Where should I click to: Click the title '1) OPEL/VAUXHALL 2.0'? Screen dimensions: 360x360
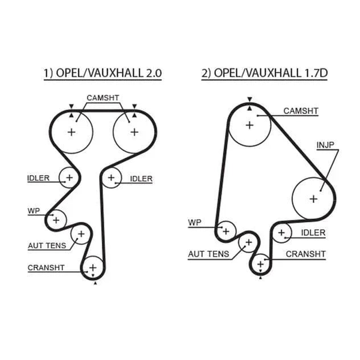[x=103, y=73]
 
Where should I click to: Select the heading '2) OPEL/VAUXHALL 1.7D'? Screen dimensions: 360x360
[x=264, y=73]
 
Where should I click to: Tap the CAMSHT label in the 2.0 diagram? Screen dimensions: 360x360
[x=103, y=98]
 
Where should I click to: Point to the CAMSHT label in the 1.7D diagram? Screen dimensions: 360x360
[x=301, y=111]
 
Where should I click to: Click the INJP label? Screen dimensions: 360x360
[x=325, y=145]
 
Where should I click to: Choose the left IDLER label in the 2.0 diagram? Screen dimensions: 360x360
[x=38, y=178]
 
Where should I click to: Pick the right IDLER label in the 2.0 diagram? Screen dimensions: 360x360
[x=141, y=179]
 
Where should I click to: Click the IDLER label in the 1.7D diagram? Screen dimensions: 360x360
[x=313, y=233]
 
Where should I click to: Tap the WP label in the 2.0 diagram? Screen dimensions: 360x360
[x=34, y=211]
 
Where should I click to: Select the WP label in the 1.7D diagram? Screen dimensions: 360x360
[x=194, y=222]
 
